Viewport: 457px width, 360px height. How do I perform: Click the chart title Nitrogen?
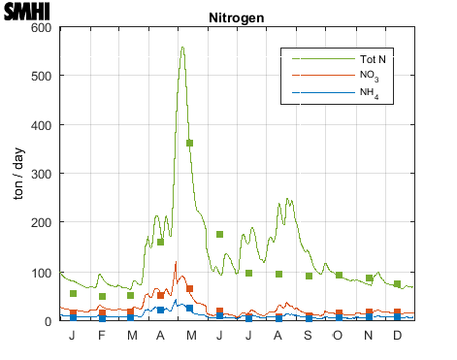pos(237,18)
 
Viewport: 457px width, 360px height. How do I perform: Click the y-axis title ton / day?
pos(18,174)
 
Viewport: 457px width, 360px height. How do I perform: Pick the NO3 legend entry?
pos(369,76)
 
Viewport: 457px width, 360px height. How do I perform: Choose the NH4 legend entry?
pos(369,93)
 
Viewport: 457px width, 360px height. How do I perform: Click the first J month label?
pos(73,335)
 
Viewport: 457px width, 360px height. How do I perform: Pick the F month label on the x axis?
pos(102,335)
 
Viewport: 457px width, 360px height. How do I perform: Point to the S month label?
pos(309,335)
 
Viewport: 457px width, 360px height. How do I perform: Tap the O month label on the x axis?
pos(339,335)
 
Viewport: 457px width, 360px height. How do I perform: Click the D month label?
pos(398,335)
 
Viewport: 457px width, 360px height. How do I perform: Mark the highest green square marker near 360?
pos(190,144)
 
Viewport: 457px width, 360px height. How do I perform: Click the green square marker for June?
pos(219,234)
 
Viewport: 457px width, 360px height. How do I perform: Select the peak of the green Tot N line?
pos(182,47)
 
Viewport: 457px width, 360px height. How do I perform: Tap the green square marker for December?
pos(398,283)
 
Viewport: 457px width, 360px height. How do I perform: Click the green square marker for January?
pos(73,293)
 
